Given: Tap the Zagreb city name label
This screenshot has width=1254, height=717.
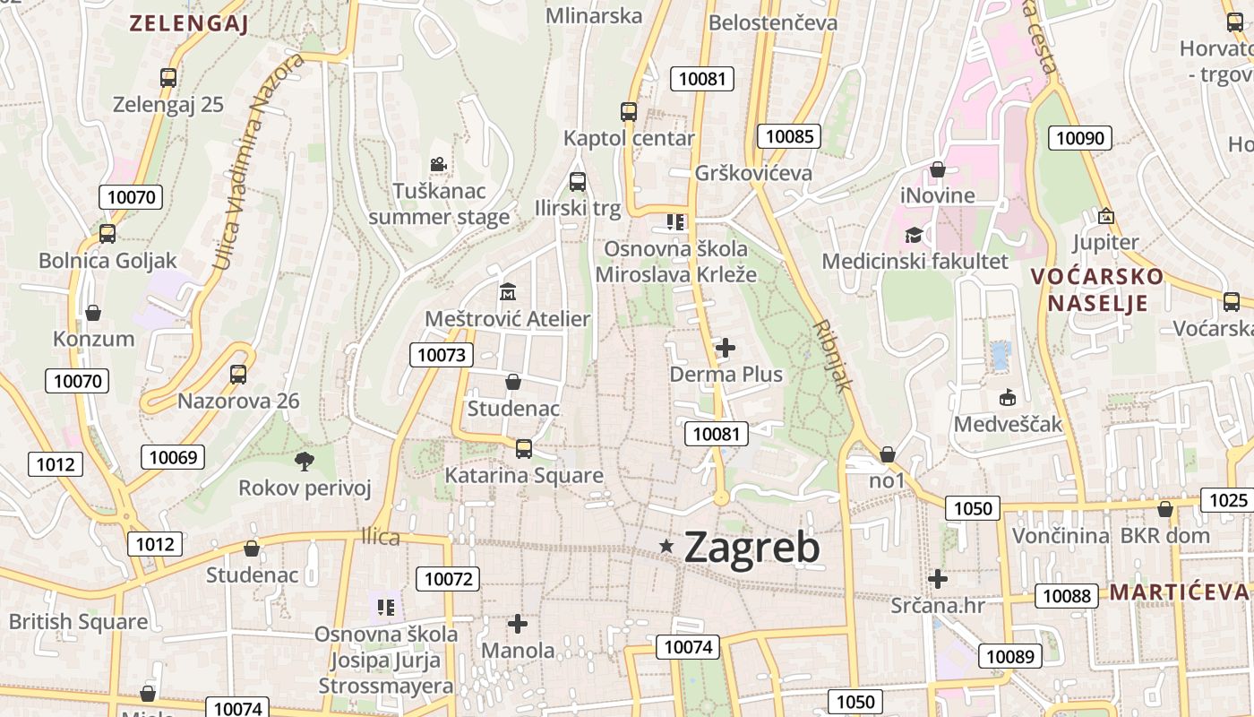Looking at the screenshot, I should coord(752,548).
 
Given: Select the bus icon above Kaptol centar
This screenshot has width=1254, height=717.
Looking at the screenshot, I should coord(629,112).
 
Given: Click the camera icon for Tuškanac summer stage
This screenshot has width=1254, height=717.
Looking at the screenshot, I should coord(438,165).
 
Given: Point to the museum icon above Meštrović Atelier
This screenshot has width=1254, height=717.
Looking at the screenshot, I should coord(508,292).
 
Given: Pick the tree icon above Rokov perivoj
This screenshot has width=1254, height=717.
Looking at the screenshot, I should coord(305,462).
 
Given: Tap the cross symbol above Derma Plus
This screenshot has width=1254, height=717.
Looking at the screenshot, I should coord(726,347).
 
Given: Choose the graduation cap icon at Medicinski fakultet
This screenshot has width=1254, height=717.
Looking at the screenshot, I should coord(914,235).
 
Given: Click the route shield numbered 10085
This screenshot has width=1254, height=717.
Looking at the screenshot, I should coord(789,136).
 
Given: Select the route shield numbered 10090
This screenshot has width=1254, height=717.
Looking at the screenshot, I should coord(1081,138).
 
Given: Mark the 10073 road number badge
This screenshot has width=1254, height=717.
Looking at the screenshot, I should coord(442,355).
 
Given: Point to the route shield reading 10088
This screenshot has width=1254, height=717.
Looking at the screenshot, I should coord(1067,596).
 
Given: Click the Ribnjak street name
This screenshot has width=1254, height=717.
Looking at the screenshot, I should coord(832,356).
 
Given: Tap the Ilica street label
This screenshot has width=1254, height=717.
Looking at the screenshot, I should coord(380,537).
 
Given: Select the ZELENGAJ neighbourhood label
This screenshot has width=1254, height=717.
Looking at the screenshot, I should coord(188,24).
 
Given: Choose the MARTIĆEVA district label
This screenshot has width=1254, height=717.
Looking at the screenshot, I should coord(1178,592).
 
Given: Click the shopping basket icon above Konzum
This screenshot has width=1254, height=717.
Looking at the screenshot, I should coord(93,313).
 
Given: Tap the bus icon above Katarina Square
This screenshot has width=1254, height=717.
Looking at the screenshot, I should coord(524,448).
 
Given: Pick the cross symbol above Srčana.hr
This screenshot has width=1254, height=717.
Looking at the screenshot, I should coord(938,579).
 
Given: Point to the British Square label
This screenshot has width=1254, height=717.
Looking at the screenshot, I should coord(78,622).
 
